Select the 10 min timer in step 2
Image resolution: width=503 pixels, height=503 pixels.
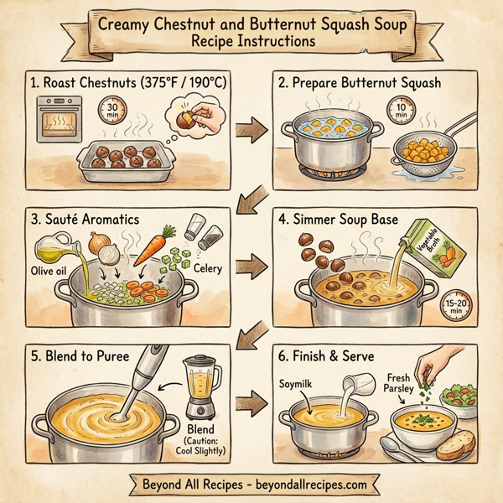[401, 111]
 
